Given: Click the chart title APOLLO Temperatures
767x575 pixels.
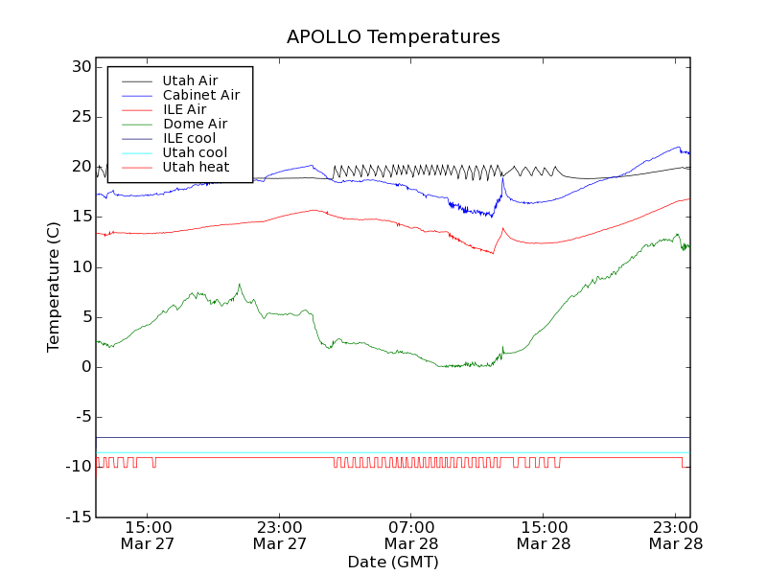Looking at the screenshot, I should (393, 37).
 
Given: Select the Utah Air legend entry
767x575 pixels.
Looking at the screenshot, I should (190, 80).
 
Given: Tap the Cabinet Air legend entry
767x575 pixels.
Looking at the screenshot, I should (200, 95).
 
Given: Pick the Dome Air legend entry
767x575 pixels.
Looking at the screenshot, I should (195, 124).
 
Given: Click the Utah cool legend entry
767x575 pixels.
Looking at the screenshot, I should (195, 152).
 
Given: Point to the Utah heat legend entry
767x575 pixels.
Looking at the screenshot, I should (196, 167).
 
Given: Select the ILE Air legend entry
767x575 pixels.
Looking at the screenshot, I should (184, 109).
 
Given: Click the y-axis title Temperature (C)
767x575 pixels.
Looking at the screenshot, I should (55, 287).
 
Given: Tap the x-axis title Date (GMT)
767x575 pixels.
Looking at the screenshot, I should (393, 562).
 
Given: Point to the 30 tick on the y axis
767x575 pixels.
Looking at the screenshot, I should (80, 67).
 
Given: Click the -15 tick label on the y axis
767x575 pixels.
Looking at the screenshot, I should (77, 517).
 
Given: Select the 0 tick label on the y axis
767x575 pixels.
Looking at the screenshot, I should (86, 367).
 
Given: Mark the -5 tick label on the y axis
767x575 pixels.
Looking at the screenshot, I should (81, 417).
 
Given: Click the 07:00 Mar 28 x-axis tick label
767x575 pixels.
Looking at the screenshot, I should (411, 535).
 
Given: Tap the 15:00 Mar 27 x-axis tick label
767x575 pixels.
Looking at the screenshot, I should (148, 535).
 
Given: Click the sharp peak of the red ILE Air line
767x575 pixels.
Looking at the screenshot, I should (502, 228).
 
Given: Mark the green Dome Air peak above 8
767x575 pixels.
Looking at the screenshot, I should (240, 284).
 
